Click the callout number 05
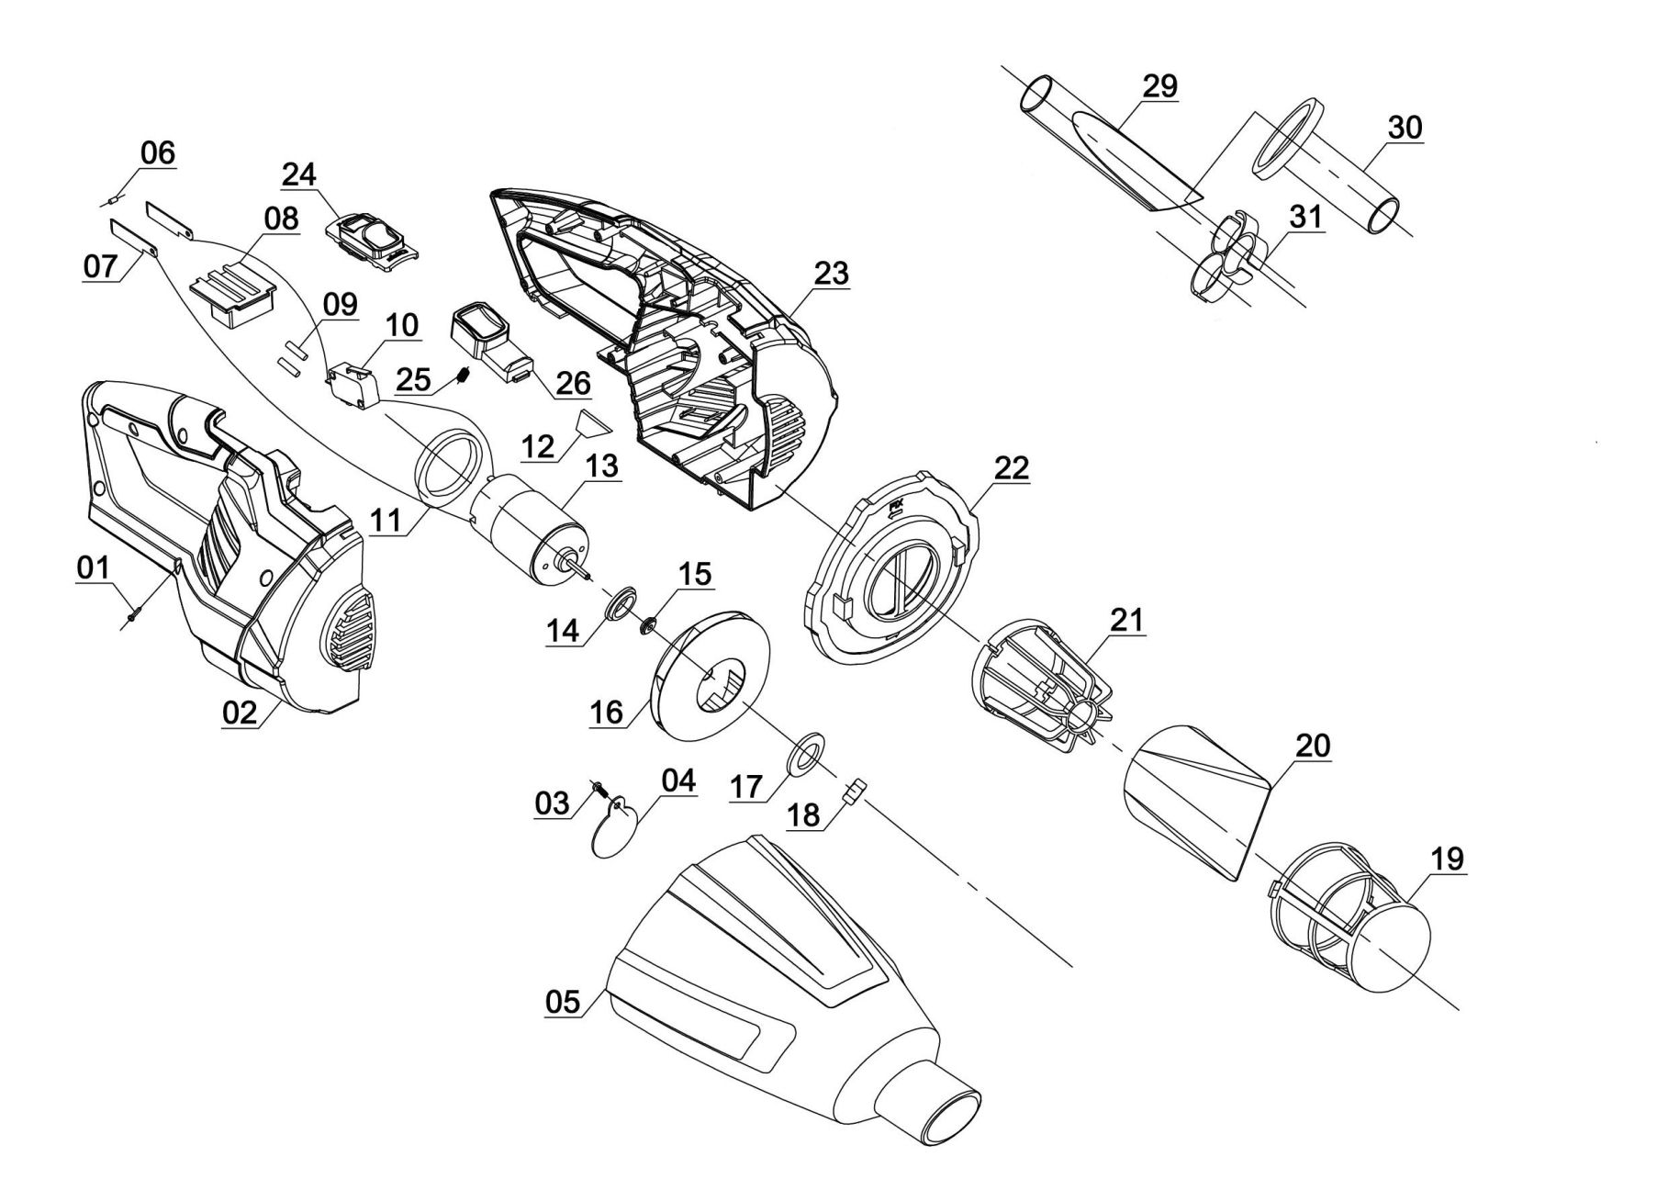point(563,1002)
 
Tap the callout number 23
point(831,274)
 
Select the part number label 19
point(1447,860)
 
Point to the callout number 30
point(1405,128)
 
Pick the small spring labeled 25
point(465,375)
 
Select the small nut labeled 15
point(647,625)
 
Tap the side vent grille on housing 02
point(353,626)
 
